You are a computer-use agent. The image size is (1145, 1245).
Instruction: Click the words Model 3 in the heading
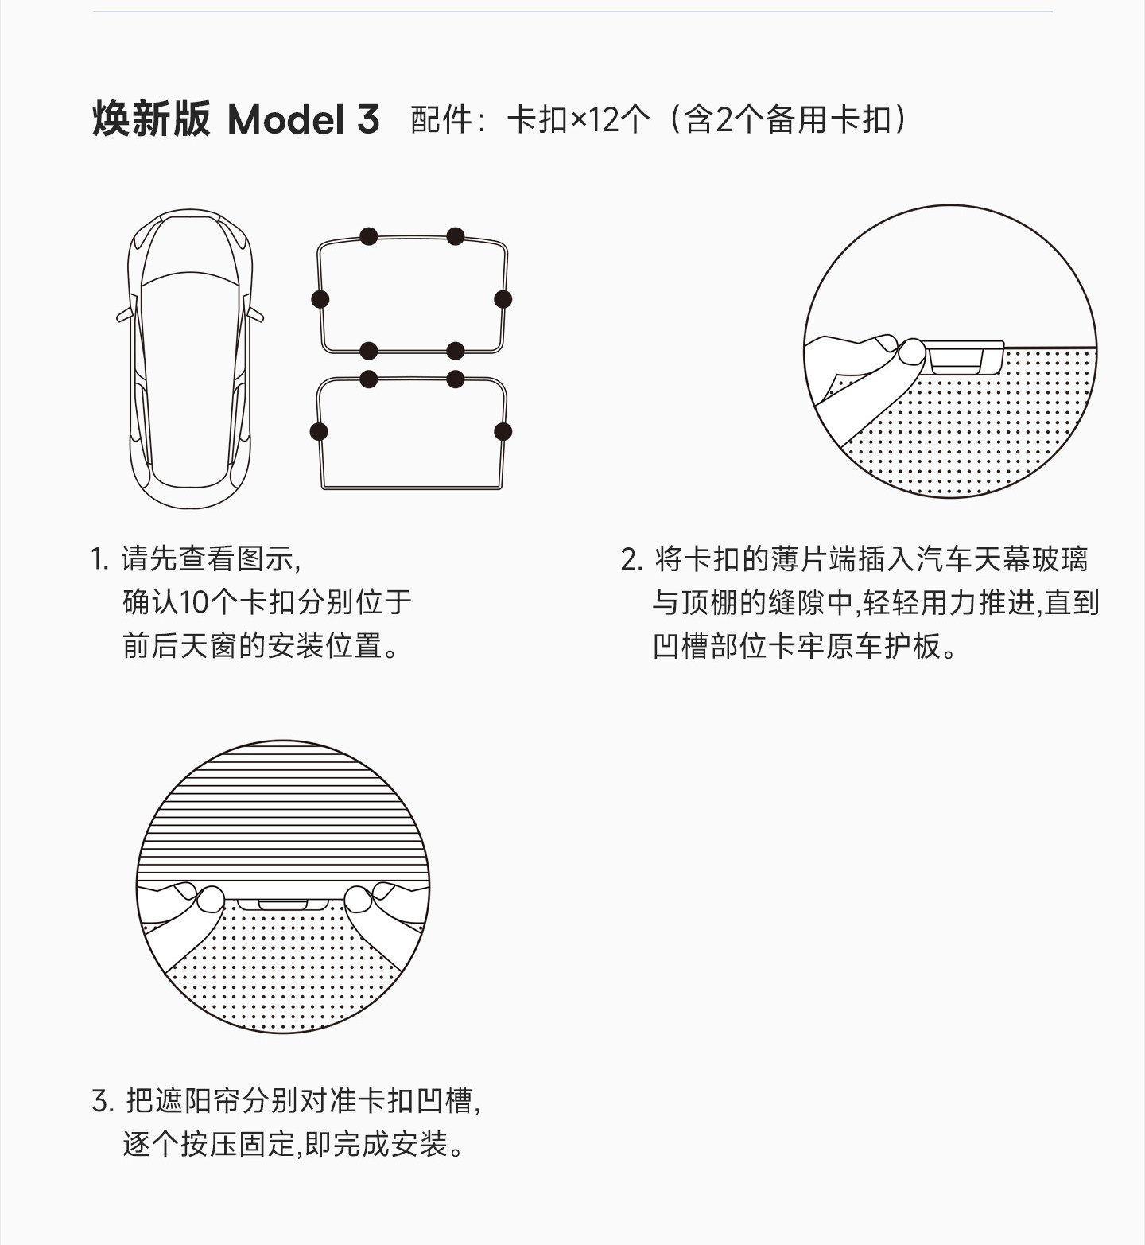point(303,120)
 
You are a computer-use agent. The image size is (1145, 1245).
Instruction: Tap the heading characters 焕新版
point(152,120)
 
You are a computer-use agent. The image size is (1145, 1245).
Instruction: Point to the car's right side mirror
point(255,313)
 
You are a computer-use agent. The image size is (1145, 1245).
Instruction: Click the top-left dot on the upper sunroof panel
point(368,236)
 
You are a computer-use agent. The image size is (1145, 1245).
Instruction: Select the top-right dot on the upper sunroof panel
point(456,236)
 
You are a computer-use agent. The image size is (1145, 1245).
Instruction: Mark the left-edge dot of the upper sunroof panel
point(320,299)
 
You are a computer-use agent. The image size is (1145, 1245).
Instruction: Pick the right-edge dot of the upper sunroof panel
point(503,299)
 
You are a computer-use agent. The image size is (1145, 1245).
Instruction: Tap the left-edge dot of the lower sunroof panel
point(319,432)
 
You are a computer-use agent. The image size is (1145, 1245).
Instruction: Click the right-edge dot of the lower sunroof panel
point(503,432)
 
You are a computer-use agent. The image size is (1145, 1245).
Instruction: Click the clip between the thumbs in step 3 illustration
point(282,905)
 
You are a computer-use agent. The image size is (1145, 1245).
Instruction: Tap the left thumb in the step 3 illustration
point(210,900)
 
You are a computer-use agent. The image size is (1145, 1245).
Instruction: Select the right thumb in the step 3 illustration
point(358,900)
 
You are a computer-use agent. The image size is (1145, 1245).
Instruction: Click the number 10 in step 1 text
point(193,602)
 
